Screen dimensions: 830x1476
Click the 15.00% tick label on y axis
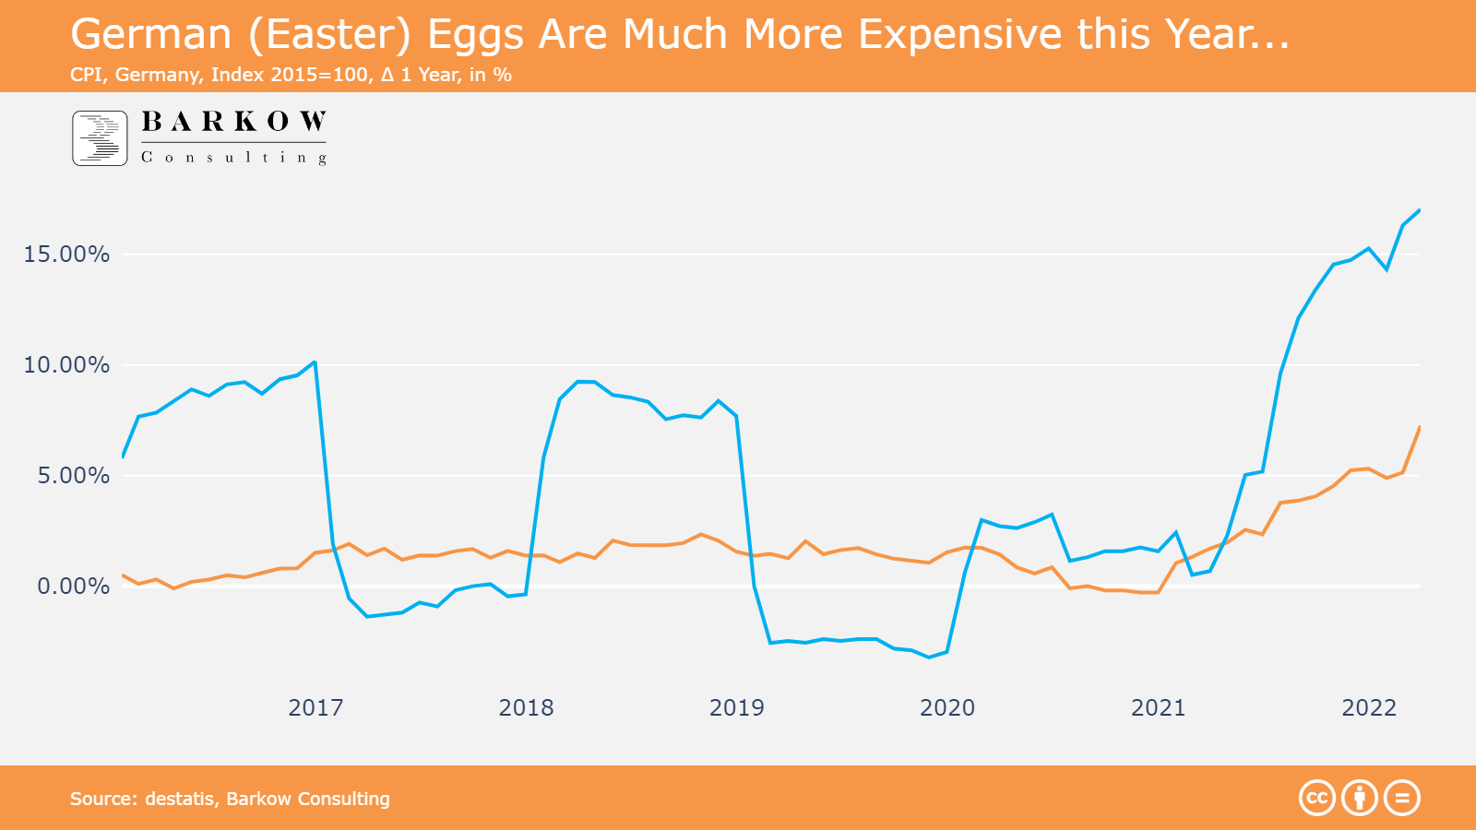tap(66, 255)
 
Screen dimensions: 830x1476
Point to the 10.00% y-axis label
tap(66, 365)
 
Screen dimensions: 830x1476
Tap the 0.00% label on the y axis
tap(73, 587)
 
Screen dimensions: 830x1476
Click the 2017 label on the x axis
tap(315, 708)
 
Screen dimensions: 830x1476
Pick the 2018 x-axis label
tap(526, 708)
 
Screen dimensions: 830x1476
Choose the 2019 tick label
tap(736, 708)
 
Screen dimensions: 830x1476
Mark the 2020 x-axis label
tap(947, 708)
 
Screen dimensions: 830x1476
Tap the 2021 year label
tap(1158, 708)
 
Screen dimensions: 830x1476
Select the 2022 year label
tap(1369, 708)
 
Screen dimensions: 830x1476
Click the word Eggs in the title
tap(475, 35)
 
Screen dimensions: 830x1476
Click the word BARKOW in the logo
tap(233, 122)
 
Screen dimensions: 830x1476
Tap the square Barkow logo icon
tap(100, 138)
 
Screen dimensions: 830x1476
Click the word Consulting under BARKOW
tap(233, 158)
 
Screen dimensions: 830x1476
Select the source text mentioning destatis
tap(230, 799)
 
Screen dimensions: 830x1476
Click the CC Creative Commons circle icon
tap(1317, 798)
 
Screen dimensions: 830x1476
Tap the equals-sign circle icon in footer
tap(1402, 798)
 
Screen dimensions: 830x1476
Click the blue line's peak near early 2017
tap(315, 362)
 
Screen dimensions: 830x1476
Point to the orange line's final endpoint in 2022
tap(1419, 428)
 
